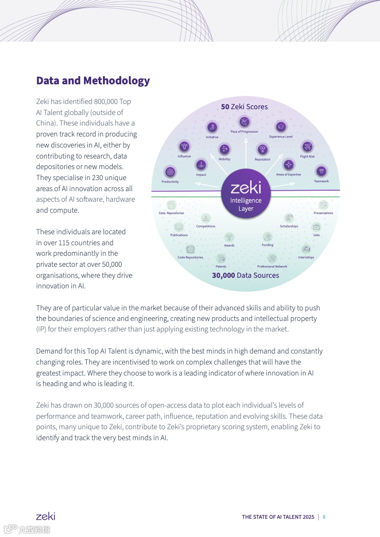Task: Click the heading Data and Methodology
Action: pos(93,80)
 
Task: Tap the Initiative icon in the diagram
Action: pos(212,127)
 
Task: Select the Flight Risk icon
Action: pos(307,146)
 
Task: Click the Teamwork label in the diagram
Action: pos(321,181)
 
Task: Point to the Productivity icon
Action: pos(170,171)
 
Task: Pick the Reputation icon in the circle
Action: pos(262,149)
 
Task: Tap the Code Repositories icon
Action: pos(190,249)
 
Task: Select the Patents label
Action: pos(221,266)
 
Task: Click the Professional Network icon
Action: pos(272,258)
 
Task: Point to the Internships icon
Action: pos(306,249)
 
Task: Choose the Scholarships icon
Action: pos(288,218)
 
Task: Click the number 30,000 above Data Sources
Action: pos(223,275)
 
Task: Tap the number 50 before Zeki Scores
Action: pos(225,107)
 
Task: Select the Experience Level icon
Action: pos(280,126)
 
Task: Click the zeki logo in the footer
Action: pos(46,516)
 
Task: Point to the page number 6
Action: pos(324,517)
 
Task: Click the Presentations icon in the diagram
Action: pos(323,205)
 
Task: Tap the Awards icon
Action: pos(229,237)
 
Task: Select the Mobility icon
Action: pos(224,149)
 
